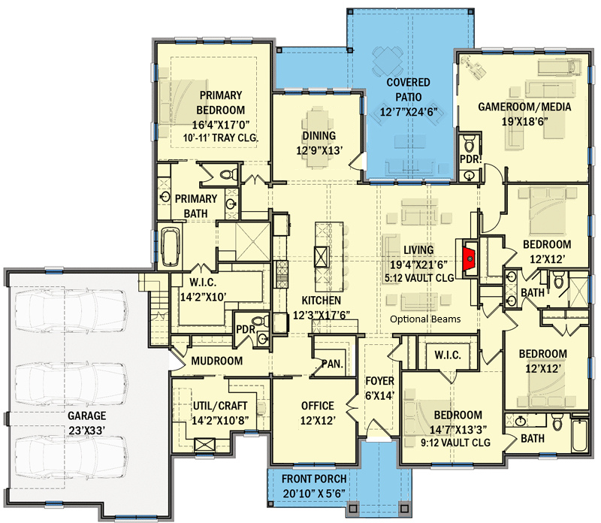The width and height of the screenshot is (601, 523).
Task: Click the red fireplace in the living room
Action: [469, 259]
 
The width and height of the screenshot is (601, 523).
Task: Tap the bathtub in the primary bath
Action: [170, 246]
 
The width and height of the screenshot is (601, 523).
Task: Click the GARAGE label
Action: [87, 416]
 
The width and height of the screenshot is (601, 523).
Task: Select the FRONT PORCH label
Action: [314, 479]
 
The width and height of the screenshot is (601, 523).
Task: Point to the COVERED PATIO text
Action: [408, 89]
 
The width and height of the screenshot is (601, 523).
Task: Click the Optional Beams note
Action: [425, 319]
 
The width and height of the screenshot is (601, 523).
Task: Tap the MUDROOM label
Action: [216, 361]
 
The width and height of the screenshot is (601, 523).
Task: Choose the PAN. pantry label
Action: [333, 364]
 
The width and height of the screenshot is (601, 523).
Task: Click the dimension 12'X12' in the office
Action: [318, 421]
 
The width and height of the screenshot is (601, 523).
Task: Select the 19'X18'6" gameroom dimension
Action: [524, 122]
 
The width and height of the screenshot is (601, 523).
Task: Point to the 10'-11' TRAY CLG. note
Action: [220, 138]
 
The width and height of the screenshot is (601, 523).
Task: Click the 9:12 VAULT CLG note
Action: [455, 443]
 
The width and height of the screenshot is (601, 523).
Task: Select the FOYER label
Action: [379, 381]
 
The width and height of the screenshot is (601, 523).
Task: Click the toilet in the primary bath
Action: [228, 175]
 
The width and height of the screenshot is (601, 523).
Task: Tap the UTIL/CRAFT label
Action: [220, 406]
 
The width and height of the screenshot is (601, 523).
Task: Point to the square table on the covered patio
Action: [388, 62]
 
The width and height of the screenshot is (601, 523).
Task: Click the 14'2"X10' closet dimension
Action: [203, 297]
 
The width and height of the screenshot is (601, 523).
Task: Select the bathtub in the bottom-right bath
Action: [579, 436]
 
